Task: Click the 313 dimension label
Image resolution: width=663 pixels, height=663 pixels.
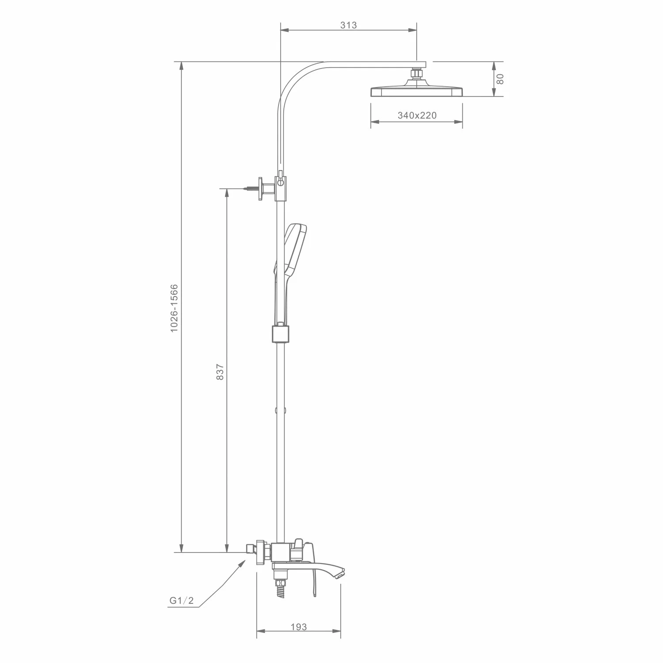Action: click(x=348, y=25)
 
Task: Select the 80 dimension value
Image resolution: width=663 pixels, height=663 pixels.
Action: click(x=500, y=79)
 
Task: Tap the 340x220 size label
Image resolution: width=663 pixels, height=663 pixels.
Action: click(x=417, y=115)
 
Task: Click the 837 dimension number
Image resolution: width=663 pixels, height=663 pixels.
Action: click(x=221, y=372)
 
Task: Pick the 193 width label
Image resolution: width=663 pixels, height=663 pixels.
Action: click(x=299, y=627)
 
